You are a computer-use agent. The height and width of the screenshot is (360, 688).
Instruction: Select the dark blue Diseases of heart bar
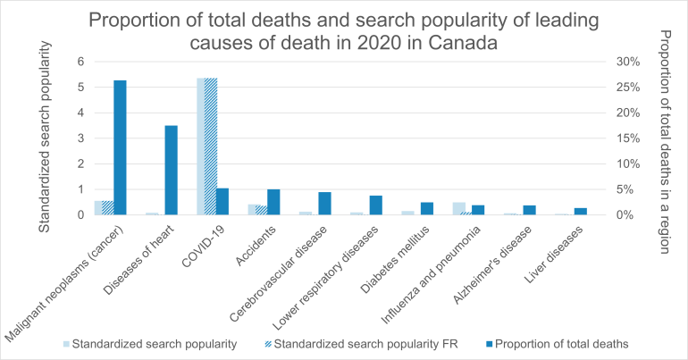(x=171, y=170)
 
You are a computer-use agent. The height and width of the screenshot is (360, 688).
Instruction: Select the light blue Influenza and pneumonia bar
(x=458, y=208)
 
